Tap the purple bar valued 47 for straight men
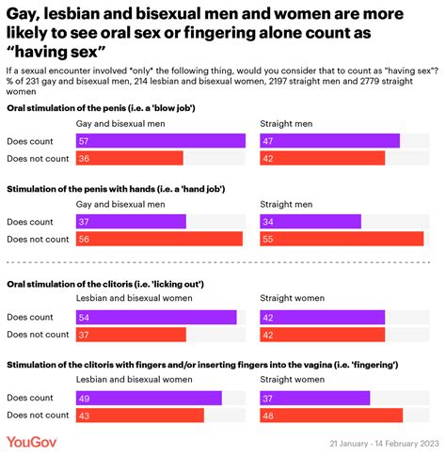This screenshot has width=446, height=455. (329, 141)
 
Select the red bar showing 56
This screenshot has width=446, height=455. (158, 239)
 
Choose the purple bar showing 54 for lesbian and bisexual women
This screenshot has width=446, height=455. (156, 317)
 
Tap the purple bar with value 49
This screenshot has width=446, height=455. (149, 398)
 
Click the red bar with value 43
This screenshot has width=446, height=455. (139, 415)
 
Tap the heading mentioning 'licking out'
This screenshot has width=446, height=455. (105, 283)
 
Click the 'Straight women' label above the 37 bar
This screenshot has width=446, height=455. (291, 379)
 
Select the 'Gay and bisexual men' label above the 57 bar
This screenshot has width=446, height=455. (120, 122)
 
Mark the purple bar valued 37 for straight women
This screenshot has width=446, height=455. (314, 398)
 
